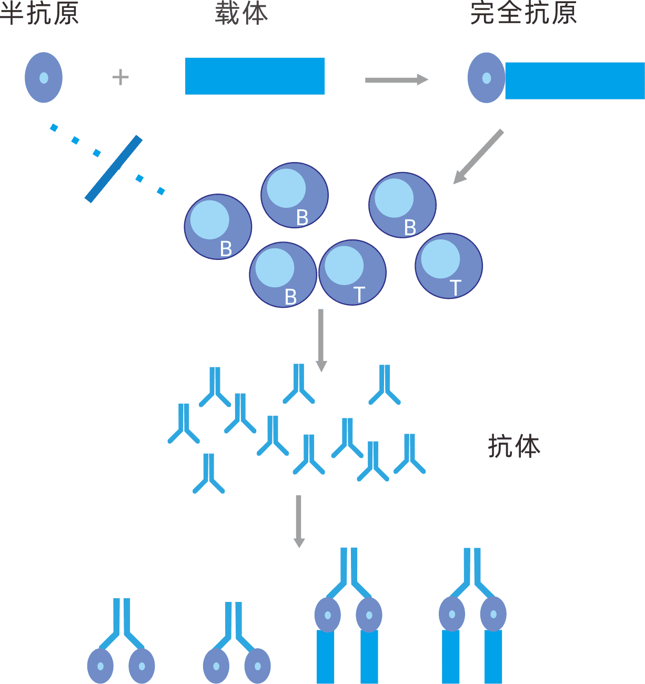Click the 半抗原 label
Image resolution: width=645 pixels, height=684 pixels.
pos(39,13)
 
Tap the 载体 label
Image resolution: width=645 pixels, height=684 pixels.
pos(241,13)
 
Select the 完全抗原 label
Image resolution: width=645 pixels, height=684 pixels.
pos(523,13)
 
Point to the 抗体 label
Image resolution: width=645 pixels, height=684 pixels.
pos(514,446)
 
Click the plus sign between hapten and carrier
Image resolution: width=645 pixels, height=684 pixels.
pos(120,77)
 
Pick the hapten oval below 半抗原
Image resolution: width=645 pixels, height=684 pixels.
pos(44,77)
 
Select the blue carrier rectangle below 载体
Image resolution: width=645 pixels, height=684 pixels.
pos(255,76)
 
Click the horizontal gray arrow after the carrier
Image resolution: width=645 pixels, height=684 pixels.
pos(396,79)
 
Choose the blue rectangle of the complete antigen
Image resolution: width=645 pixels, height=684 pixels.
pos(575,81)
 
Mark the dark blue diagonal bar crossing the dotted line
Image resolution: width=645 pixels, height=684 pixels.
pos(114,169)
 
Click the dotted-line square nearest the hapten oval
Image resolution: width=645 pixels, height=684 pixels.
pos(54,127)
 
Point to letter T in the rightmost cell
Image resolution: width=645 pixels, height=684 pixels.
pos(455,288)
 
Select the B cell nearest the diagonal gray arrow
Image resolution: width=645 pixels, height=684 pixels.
pos(402,205)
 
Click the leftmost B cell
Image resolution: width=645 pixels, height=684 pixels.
pos(218,227)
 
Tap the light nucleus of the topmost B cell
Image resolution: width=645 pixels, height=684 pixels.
pos(286,188)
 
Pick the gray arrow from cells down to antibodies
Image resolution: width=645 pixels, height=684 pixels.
pos(321,340)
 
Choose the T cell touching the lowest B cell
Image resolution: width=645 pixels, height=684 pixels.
pos(352,272)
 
